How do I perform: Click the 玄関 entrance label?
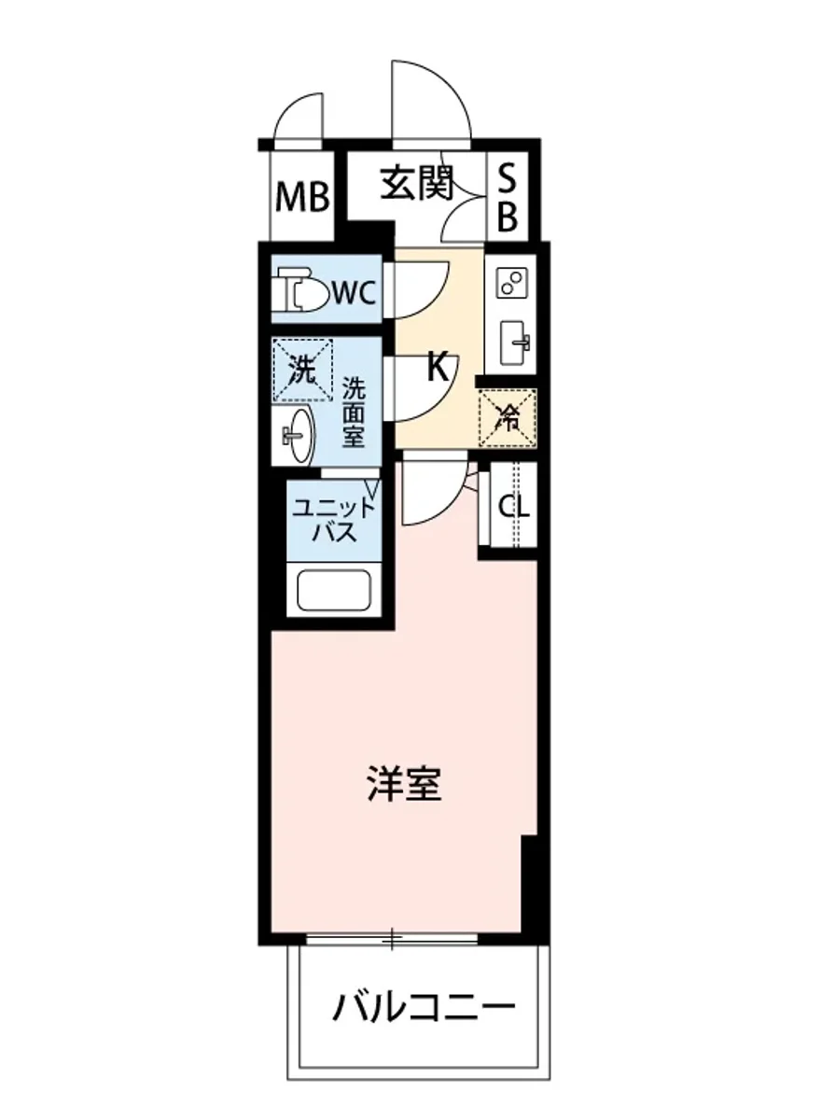[x=416, y=184]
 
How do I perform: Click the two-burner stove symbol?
[x=510, y=284]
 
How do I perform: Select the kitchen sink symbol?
[x=514, y=342]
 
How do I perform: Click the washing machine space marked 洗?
[x=302, y=369]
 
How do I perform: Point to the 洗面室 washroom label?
[x=353, y=411]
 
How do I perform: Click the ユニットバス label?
[x=334, y=521]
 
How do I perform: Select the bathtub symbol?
[x=333, y=590]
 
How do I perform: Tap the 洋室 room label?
[x=403, y=785]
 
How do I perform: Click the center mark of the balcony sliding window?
[x=395, y=937]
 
